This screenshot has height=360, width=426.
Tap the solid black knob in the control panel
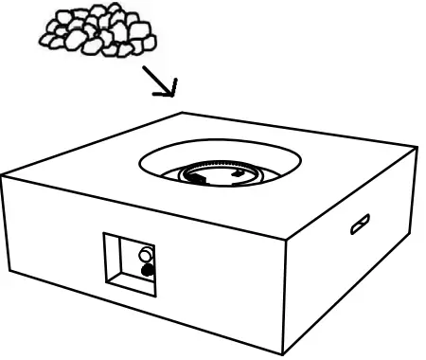[147, 272]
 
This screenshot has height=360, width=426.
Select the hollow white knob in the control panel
[145, 254]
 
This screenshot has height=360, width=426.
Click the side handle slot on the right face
[361, 225]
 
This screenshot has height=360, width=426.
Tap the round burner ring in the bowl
[222, 174]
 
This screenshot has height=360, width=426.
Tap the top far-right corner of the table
[416, 147]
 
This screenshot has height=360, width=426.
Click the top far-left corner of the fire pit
[3, 177]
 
